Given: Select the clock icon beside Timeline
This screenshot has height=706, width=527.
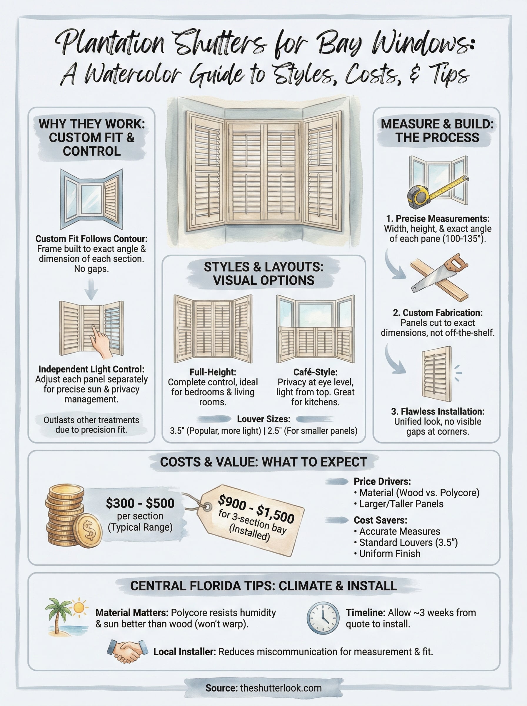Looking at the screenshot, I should [323, 618].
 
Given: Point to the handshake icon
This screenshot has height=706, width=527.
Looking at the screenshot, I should [127, 651].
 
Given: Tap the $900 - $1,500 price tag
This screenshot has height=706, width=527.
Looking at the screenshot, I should [251, 520].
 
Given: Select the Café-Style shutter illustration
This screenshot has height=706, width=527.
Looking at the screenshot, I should [315, 329].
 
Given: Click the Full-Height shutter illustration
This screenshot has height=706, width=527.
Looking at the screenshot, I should [213, 329].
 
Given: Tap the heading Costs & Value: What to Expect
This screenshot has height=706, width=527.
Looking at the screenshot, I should [263, 462].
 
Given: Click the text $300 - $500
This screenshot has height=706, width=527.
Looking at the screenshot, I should [140, 503].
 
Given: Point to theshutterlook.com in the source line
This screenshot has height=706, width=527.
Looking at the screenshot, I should [281, 688].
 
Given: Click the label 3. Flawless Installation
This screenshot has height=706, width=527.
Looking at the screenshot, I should [437, 411].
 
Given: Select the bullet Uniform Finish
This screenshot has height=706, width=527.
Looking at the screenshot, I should [389, 554].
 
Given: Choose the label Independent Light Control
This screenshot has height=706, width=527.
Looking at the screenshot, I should [91, 369].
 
